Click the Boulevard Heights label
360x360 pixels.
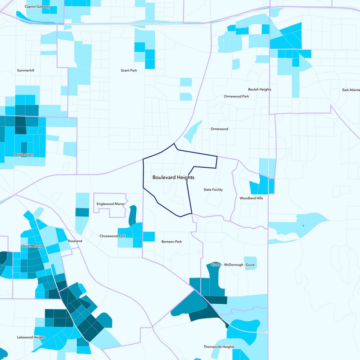click(x=173, y=178)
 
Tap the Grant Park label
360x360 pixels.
click(x=129, y=71)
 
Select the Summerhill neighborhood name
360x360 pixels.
click(x=26, y=71)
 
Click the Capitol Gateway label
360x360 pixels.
click(x=38, y=7)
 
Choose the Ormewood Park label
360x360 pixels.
click(x=236, y=96)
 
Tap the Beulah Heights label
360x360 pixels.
click(x=260, y=90)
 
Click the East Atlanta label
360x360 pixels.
click(x=351, y=90)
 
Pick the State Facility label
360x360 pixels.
click(x=213, y=190)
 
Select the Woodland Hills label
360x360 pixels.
click(x=251, y=198)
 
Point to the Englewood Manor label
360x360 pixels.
click(x=111, y=204)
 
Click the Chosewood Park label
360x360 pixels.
click(x=112, y=236)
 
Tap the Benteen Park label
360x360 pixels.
click(x=171, y=242)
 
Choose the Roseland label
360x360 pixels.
click(x=75, y=241)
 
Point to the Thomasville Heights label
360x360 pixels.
click(x=219, y=347)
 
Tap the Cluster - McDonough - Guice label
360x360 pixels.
click(x=233, y=265)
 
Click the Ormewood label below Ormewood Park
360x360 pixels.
click(x=220, y=129)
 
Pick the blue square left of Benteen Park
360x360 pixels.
click(x=148, y=236)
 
